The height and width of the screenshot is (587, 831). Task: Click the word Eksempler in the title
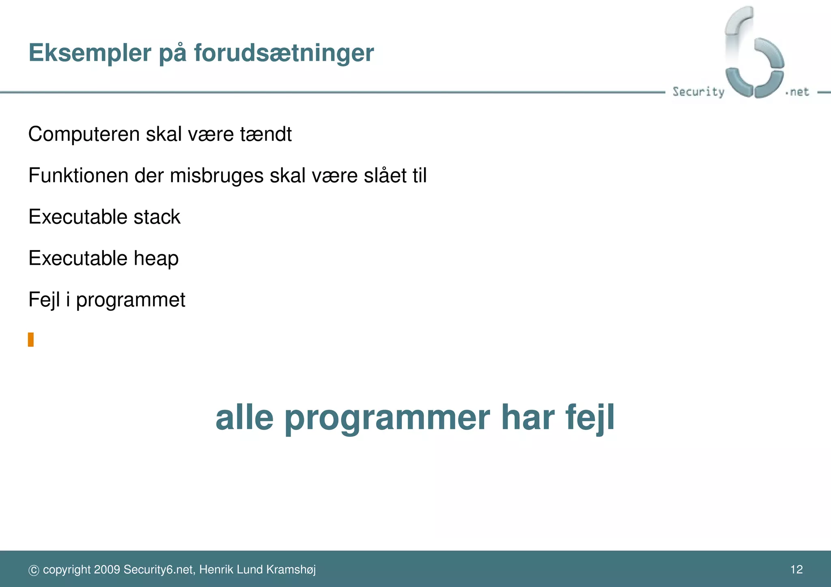(x=90, y=53)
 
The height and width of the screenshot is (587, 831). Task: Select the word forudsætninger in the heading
(x=284, y=53)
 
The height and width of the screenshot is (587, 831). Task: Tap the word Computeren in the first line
(x=84, y=134)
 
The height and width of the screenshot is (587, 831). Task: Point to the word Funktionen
(x=78, y=176)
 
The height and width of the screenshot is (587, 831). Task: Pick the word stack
(x=157, y=217)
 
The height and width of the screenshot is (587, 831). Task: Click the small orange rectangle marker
(x=31, y=340)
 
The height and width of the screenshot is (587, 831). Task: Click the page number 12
(x=797, y=570)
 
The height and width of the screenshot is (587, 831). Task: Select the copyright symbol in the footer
(x=34, y=570)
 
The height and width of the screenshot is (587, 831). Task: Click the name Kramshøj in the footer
(x=291, y=570)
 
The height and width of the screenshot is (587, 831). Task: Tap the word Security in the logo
(x=698, y=92)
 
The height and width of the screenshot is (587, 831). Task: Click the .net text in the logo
(x=798, y=92)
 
